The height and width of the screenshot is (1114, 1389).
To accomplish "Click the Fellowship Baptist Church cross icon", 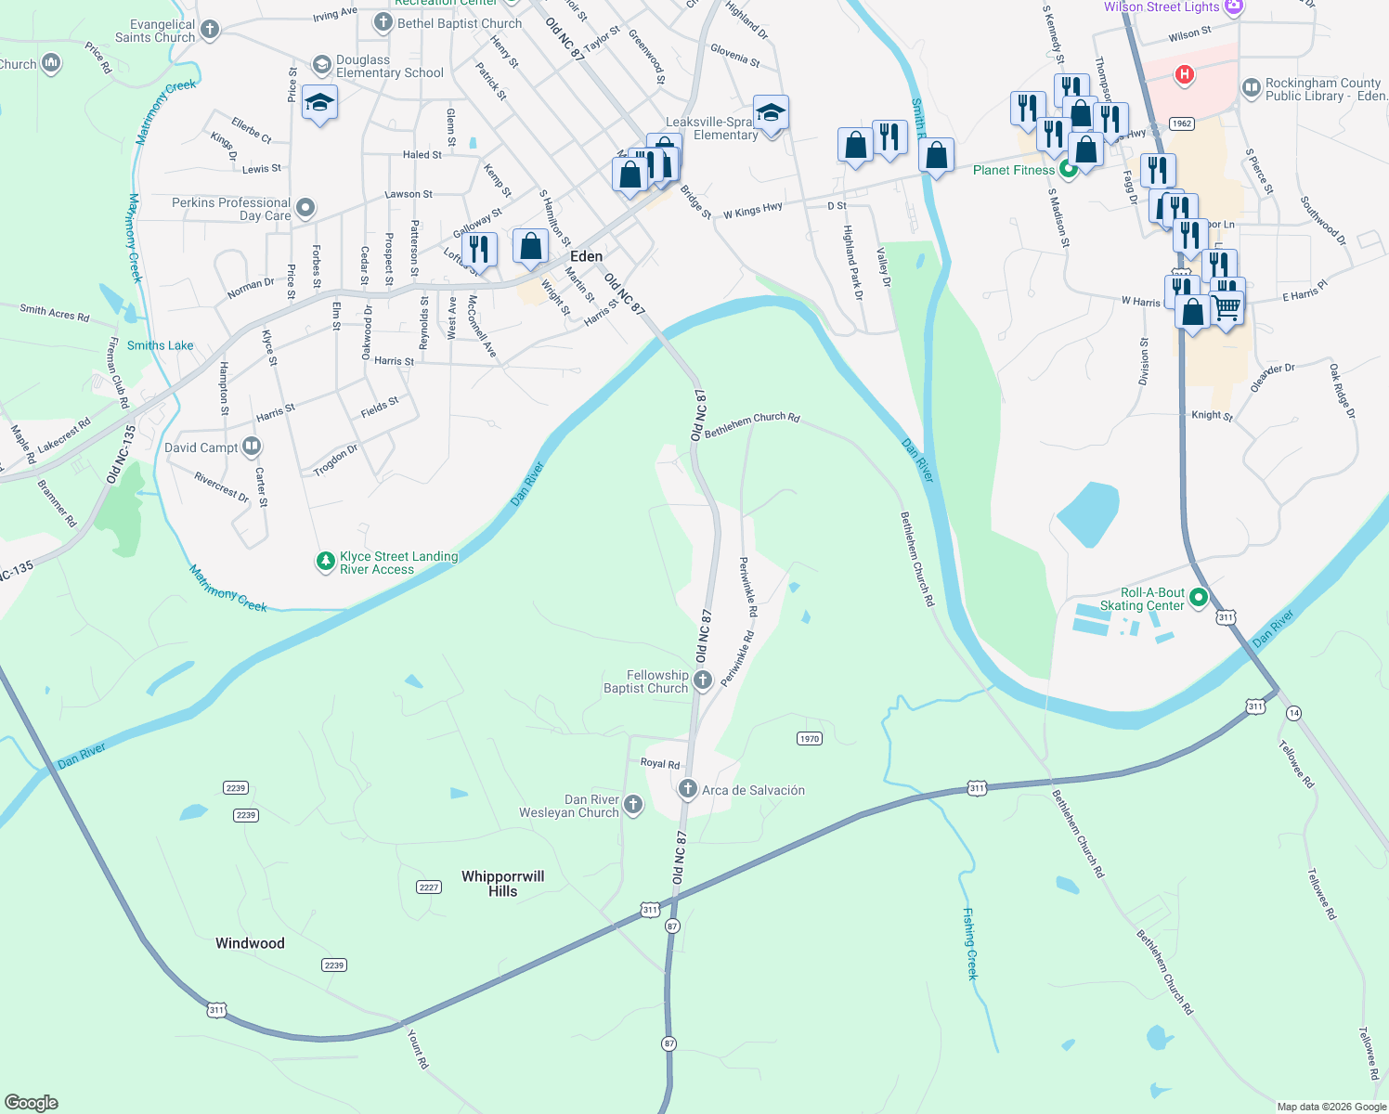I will [703, 680].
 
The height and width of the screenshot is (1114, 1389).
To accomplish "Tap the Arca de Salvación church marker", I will [687, 790].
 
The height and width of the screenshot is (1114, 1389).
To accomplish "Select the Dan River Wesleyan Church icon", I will [633, 805].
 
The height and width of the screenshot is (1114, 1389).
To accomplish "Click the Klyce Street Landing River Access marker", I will [325, 562].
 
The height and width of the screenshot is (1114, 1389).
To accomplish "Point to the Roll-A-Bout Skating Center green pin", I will [1199, 598].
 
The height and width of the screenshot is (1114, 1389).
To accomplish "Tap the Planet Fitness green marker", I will [1069, 170].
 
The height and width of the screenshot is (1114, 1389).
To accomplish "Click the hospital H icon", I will [1184, 74].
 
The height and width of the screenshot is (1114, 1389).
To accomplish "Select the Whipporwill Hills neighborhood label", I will [502, 883].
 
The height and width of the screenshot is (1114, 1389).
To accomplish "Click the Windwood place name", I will [250, 943].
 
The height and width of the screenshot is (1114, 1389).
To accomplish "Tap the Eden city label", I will [586, 256].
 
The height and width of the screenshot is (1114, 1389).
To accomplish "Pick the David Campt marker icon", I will [252, 447].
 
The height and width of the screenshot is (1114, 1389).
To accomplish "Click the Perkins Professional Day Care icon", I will [305, 208].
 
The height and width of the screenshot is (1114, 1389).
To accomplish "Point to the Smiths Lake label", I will [161, 345].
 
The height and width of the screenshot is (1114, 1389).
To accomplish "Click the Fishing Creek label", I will [970, 943].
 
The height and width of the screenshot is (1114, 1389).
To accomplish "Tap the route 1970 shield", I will [810, 738].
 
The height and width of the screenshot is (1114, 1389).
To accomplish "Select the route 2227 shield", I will [428, 887].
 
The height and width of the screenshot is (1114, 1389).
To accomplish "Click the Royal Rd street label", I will [659, 763].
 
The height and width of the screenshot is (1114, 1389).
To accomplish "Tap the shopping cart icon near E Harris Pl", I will [1227, 306].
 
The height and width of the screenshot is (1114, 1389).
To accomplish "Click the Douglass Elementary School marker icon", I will [321, 65].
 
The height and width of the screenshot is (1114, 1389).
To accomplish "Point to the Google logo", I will [31, 1103].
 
